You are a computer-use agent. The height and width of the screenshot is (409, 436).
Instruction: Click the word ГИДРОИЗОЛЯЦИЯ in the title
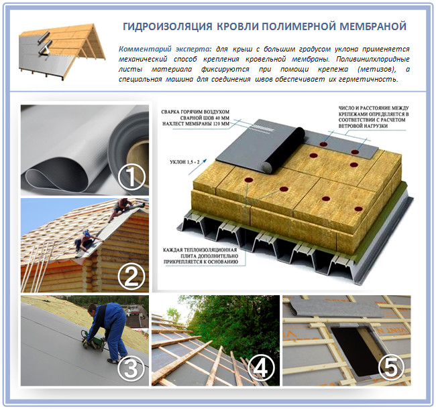(x=168, y=26)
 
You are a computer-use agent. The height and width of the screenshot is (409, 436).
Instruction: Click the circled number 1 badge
(x=131, y=177)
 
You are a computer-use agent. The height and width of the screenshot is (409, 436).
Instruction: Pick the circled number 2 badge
(x=131, y=276)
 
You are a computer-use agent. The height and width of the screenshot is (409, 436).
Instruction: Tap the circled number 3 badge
(x=131, y=368)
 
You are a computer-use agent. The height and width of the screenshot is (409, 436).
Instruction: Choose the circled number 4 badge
(x=260, y=368)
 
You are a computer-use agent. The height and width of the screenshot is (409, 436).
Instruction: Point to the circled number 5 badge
(x=392, y=368)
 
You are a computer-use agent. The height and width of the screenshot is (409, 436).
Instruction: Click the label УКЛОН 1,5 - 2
(x=184, y=162)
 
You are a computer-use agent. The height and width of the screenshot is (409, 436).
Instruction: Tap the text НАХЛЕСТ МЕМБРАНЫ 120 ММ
(x=196, y=124)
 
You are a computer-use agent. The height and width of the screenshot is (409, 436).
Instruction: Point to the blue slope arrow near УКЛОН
(x=198, y=167)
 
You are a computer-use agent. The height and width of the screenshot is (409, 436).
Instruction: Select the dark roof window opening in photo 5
(x=351, y=350)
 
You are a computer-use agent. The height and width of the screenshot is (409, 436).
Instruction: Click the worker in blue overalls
(x=109, y=332)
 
